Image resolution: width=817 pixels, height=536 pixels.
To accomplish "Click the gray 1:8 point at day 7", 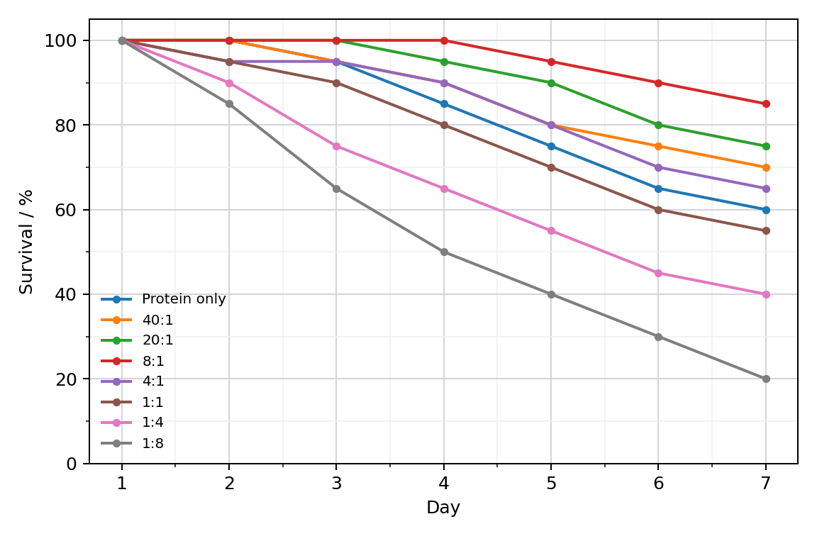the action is click(765, 379).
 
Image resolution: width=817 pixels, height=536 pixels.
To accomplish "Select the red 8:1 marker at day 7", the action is click(765, 104).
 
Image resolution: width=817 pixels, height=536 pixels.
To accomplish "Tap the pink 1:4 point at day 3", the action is click(336, 146).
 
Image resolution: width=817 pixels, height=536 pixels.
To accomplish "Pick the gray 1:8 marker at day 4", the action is click(444, 252).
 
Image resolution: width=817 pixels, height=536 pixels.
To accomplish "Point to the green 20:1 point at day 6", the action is click(658, 125).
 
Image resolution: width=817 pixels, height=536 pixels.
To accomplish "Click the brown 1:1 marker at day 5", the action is click(551, 167).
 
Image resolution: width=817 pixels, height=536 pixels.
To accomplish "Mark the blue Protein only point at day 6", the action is click(658, 189).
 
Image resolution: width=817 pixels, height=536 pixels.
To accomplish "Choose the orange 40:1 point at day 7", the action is click(765, 167).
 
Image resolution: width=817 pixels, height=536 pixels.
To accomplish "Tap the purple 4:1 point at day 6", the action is click(658, 167).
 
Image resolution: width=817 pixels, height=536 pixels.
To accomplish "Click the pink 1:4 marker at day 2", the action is click(229, 83).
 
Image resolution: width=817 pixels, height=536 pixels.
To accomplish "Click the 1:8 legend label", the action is click(152, 443).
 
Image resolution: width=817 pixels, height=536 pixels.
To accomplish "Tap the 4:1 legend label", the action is click(152, 381).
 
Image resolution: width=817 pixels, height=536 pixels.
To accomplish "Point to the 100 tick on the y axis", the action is click(60, 40).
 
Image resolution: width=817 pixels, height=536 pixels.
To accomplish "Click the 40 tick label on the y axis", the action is click(66, 294).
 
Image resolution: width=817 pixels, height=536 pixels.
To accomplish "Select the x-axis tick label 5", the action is click(551, 484).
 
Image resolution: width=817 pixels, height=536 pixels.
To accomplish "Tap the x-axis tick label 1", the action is click(122, 484).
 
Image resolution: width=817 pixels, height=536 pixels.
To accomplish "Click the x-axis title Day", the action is click(443, 508).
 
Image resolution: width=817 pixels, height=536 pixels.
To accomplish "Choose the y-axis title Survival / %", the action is click(26, 242).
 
